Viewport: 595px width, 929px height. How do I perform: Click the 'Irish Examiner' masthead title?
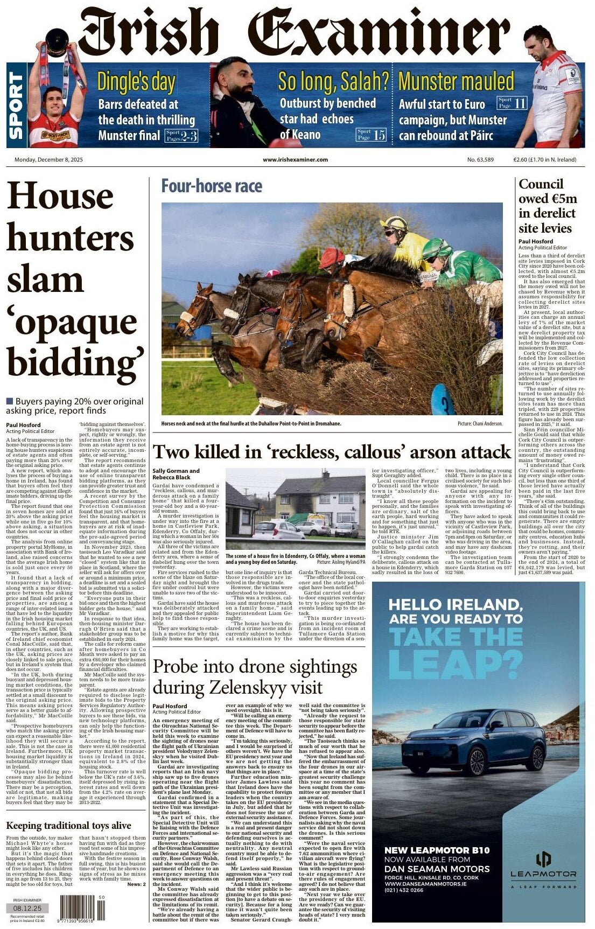click(x=293, y=33)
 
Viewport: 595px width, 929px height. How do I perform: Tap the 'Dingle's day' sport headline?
click(x=136, y=82)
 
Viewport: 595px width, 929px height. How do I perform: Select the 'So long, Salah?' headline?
click(x=333, y=81)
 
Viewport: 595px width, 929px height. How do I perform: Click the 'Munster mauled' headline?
click(x=456, y=81)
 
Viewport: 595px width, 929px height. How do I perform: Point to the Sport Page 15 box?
click(x=372, y=135)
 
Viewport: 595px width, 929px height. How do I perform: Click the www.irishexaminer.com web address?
click(x=295, y=159)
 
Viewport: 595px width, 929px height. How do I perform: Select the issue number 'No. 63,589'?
click(x=480, y=159)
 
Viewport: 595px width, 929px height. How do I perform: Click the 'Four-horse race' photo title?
click(x=212, y=186)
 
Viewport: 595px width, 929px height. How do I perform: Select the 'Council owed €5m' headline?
click(x=547, y=206)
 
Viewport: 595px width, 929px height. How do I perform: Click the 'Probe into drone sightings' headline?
click(x=255, y=676)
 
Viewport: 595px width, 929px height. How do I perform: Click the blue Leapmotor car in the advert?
click(x=474, y=741)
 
